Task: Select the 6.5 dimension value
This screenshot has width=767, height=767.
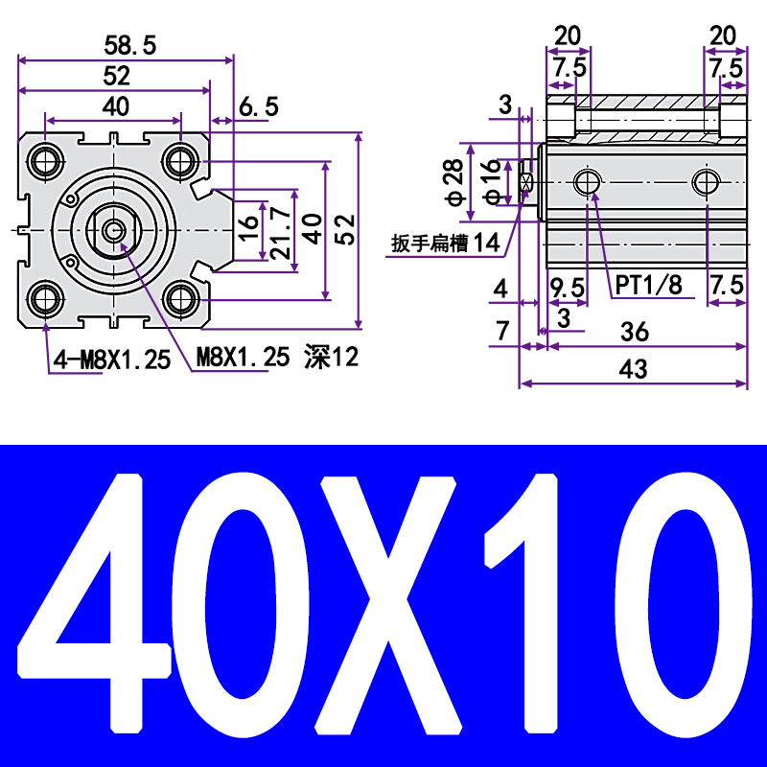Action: (258, 106)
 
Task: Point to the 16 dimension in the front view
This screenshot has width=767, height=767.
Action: (248, 229)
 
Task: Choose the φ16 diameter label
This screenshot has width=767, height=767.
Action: (490, 181)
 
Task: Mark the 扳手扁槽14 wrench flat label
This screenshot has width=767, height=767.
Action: (446, 244)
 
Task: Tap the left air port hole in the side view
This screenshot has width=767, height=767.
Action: (586, 181)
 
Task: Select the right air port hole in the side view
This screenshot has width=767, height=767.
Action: (708, 181)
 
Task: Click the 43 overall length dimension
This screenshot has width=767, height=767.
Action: (634, 368)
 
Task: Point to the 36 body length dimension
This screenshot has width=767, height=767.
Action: (634, 332)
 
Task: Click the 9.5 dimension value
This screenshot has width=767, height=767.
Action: (567, 285)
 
